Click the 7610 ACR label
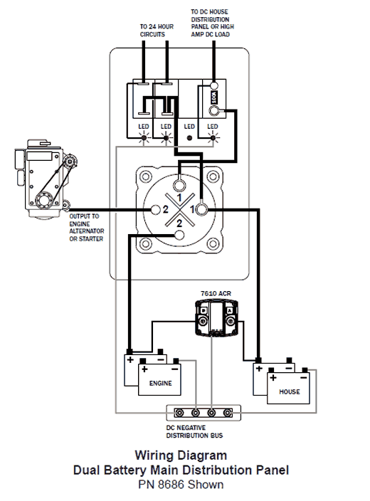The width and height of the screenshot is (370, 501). pos(216,293)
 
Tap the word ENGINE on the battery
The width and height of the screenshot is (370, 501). pos(160,383)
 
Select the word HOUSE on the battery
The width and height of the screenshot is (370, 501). pos(290,391)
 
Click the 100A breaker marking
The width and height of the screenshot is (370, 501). pos(213,97)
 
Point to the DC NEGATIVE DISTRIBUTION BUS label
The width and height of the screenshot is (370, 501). pos(194,432)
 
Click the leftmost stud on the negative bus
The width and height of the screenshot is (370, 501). pos(179,413)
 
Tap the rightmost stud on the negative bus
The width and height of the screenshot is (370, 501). pos(227,413)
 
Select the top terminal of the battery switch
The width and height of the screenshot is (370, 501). pos(179,185)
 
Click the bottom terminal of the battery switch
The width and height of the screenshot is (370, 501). pos(179,235)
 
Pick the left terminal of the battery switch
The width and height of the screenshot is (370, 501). pos(156,210)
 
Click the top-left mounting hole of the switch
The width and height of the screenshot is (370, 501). pos(146,176)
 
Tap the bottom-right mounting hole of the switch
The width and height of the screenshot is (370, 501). pos(213,244)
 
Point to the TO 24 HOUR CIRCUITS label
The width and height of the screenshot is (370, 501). pos(157,31)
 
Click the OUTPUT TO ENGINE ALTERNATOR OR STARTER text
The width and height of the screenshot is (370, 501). pos(87,228)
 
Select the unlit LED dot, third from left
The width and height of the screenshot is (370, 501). pos(189,138)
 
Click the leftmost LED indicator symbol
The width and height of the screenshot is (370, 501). pos(144,138)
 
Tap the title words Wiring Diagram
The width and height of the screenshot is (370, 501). pos(181,455)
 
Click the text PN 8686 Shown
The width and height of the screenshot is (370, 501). pos(181,485)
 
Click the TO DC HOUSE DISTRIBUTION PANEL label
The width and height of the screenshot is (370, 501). pos(212,23)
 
